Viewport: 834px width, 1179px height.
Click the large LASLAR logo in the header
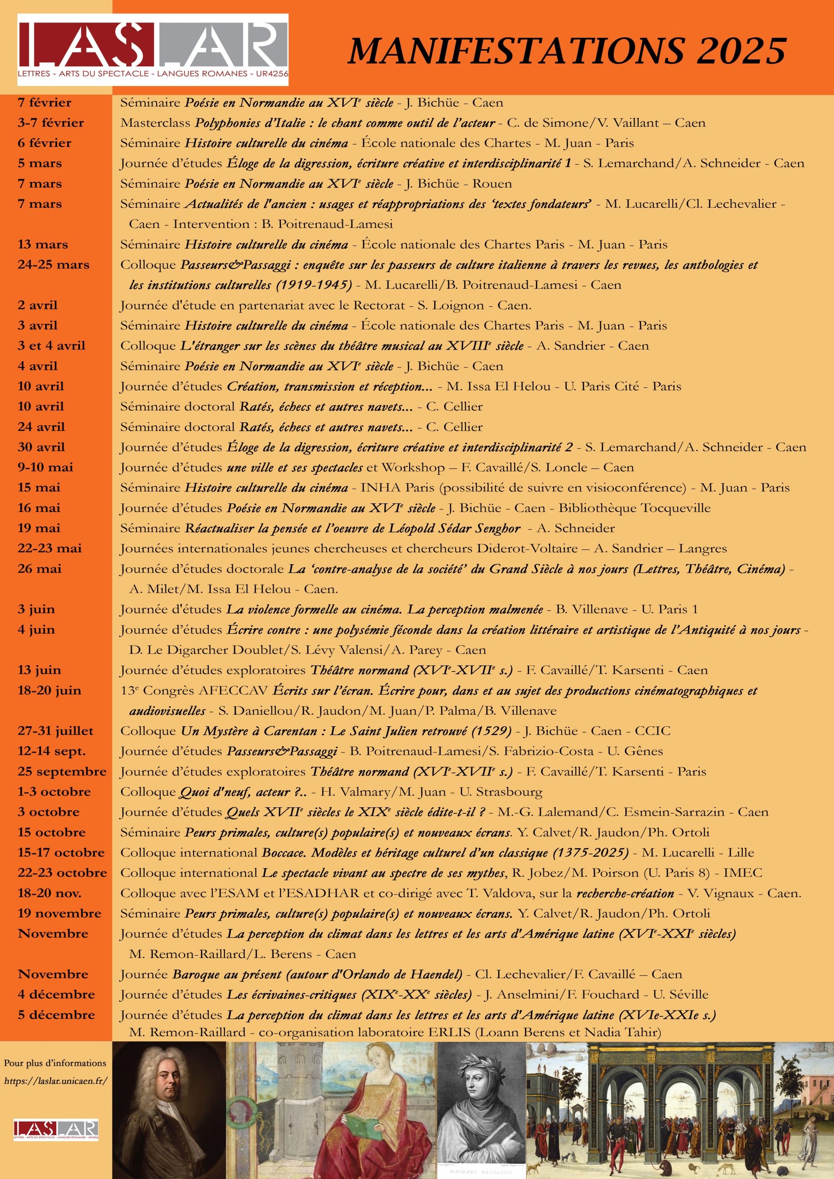[x=153, y=49]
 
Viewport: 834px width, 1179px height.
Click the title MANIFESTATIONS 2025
[x=567, y=51]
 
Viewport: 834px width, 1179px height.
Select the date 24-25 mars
[x=53, y=264]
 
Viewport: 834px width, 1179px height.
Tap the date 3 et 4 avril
[x=52, y=345]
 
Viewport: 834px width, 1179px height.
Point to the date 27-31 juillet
[x=55, y=731]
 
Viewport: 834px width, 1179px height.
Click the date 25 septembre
[x=62, y=771]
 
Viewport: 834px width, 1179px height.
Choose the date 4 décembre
[x=56, y=994]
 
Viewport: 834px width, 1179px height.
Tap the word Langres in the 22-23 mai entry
[x=703, y=549]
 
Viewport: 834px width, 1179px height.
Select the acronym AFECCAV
[x=233, y=691]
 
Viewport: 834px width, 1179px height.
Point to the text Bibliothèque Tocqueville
[x=634, y=508]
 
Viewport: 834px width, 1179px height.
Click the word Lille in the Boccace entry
[x=740, y=852]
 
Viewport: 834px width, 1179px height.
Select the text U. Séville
[x=681, y=994]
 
